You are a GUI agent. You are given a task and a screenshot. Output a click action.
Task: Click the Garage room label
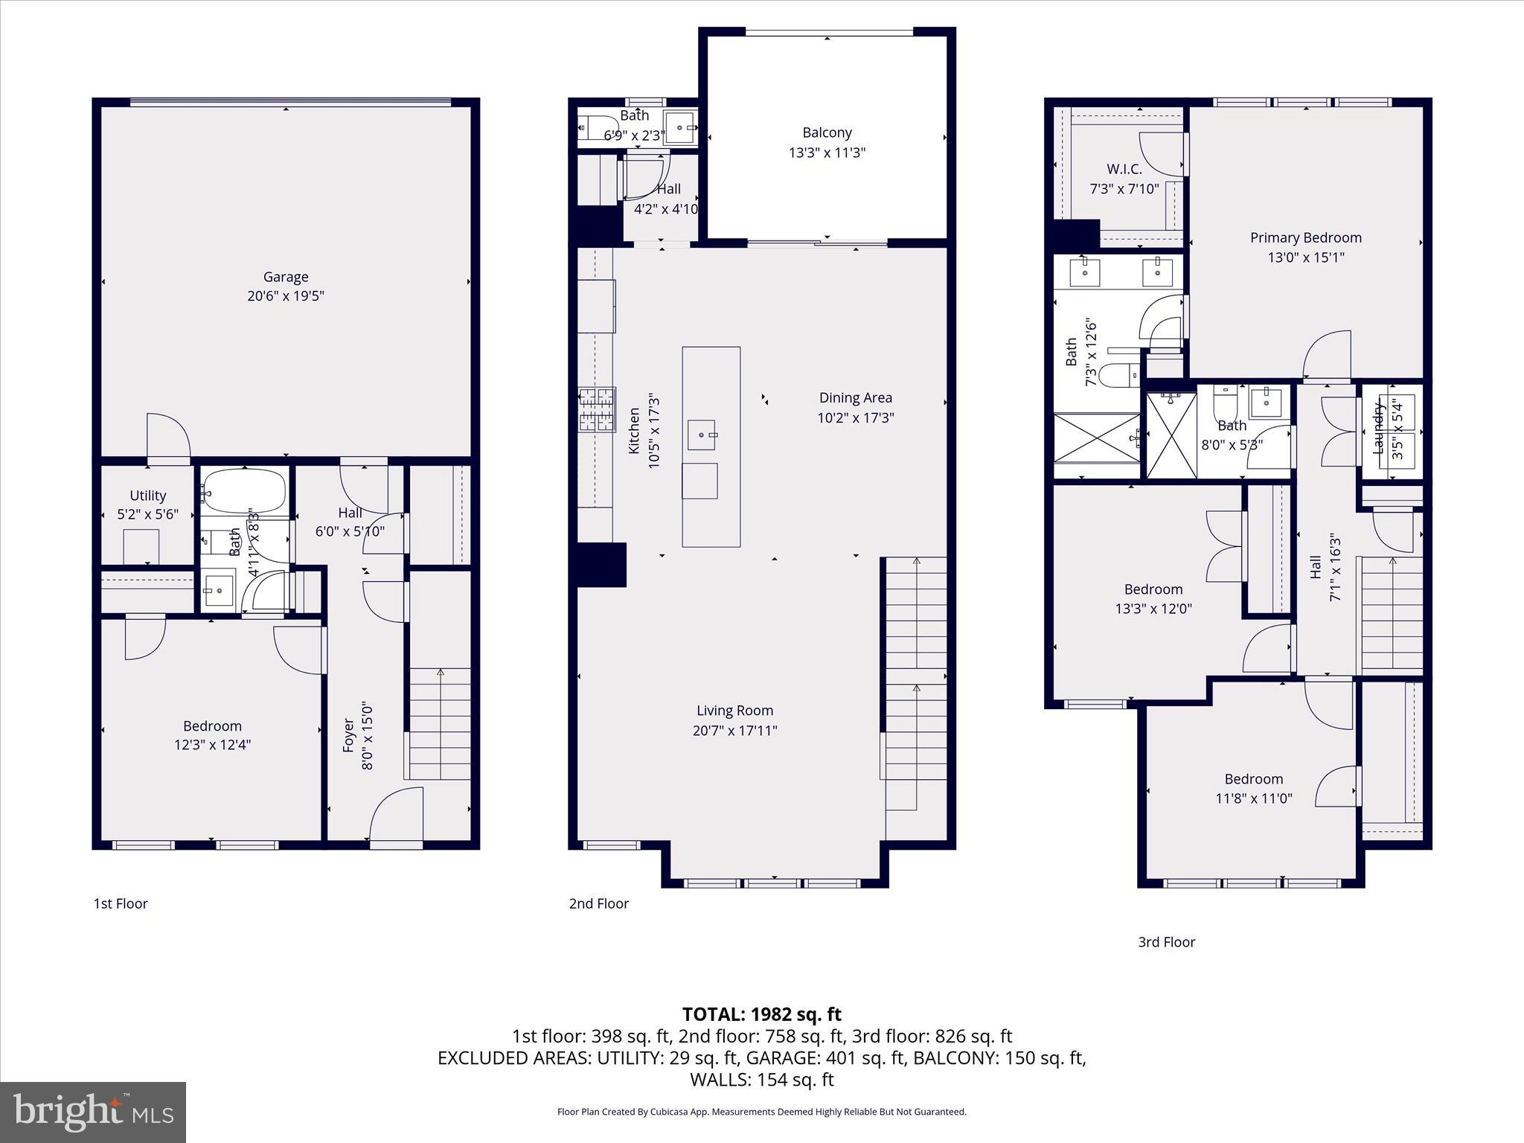click(x=286, y=277)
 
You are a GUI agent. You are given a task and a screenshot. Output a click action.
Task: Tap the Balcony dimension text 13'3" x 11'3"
click(x=827, y=153)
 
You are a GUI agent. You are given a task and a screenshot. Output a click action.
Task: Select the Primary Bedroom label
click(x=1305, y=237)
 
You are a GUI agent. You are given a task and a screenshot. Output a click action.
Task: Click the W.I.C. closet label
click(x=1124, y=169)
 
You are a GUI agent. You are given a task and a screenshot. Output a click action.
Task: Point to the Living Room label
click(x=734, y=711)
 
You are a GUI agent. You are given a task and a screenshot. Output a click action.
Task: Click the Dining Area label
click(x=855, y=398)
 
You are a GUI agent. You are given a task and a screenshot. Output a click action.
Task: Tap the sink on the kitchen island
click(x=701, y=435)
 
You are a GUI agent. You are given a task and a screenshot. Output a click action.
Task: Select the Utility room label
click(x=147, y=496)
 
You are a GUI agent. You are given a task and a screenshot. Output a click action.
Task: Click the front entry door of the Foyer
click(x=396, y=819)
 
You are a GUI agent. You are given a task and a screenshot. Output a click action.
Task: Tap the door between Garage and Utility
click(x=168, y=439)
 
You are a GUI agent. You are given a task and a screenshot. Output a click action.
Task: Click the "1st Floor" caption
click(x=121, y=903)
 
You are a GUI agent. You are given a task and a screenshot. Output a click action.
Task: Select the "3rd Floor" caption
click(x=1166, y=942)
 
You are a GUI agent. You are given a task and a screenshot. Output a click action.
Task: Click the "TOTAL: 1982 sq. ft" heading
click(x=761, y=1014)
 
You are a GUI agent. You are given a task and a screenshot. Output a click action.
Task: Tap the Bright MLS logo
click(x=93, y=1112)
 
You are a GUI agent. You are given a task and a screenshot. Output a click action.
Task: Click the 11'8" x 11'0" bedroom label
click(x=1253, y=779)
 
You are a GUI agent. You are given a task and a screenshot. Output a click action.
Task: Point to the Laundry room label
click(x=1378, y=427)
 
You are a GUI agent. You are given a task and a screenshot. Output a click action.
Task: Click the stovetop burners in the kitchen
click(x=598, y=410)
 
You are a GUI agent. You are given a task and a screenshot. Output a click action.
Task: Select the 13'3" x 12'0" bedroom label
click(x=1153, y=589)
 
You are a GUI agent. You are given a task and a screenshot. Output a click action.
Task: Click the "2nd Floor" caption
click(x=598, y=903)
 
